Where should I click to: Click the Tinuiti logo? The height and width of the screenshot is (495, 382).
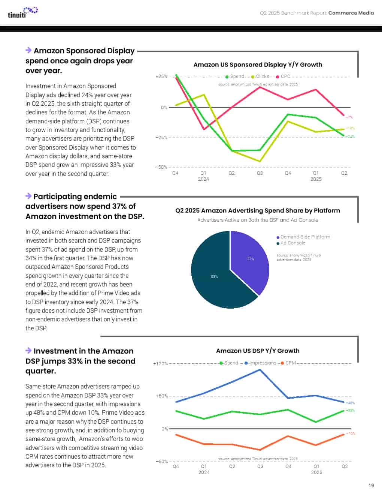tap(22, 13)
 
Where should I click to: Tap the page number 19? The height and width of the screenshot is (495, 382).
tap(371, 485)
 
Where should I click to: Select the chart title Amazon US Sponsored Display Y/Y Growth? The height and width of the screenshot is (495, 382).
tap(258, 64)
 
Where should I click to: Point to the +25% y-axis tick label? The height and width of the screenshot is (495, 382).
tap(161, 76)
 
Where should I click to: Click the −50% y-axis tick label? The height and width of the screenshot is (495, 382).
tap(161, 167)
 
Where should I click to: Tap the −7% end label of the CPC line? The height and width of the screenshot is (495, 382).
tap(349, 117)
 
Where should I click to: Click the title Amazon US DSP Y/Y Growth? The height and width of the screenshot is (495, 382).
tap(258, 351)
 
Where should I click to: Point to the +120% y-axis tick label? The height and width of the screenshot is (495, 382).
tap(160, 364)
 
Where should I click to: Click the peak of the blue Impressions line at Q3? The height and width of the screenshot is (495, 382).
tap(260, 370)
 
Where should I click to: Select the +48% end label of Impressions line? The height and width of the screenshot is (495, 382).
tap(351, 403)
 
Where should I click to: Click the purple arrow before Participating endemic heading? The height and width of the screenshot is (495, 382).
tap(28, 196)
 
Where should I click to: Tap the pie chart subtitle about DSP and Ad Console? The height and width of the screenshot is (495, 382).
tap(258, 220)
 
